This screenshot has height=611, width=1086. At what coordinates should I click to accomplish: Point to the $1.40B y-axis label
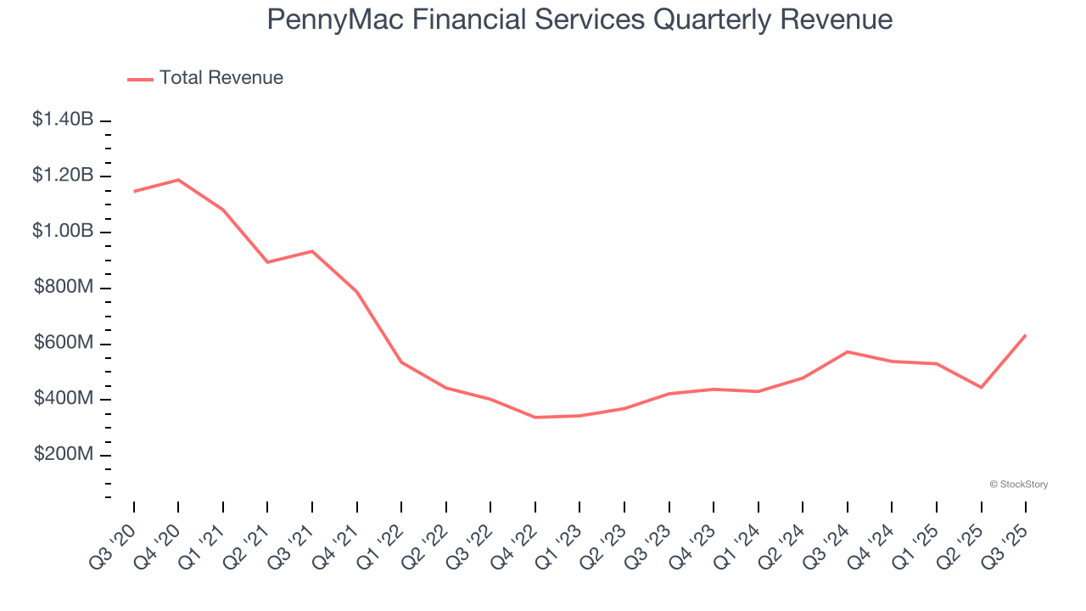point(63,120)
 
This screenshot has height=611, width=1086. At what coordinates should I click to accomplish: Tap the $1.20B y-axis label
point(63,176)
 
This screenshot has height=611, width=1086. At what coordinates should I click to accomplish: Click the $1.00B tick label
point(63,232)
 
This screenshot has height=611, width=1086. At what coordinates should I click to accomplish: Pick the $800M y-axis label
point(64,288)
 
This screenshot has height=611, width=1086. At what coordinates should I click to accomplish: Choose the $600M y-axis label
point(64,343)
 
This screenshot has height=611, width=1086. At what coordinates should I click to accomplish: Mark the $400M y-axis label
point(64,399)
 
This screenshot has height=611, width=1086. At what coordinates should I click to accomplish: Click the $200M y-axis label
point(64,455)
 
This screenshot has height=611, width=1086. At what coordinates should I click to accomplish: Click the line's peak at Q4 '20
point(178,180)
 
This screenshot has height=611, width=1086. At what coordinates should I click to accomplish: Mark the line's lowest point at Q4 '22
point(535,418)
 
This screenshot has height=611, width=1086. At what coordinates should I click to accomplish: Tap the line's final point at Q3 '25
point(1026,335)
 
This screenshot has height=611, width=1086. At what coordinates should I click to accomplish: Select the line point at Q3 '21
point(312,251)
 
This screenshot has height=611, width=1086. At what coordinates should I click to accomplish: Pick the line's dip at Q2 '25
point(982,388)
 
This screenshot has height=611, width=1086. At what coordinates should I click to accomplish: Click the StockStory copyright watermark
point(1018,485)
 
